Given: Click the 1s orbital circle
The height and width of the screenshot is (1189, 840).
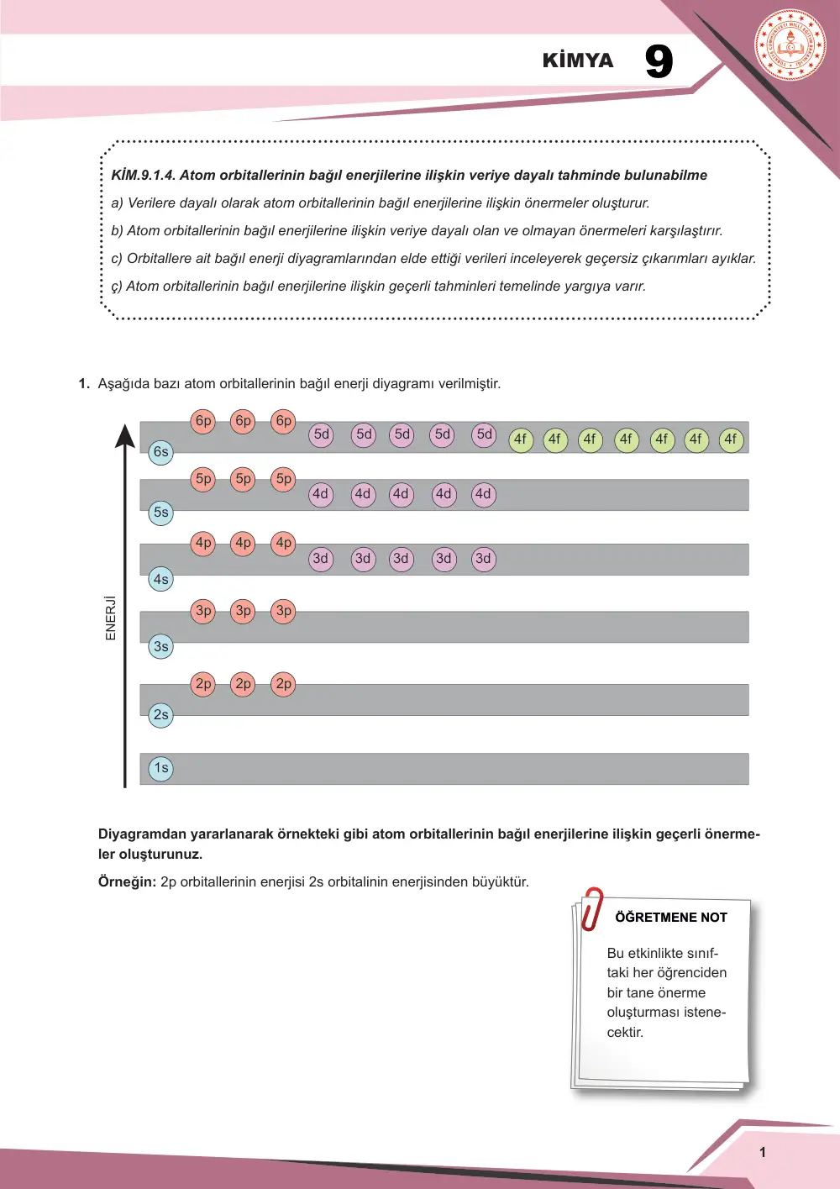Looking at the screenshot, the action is click(x=160, y=769).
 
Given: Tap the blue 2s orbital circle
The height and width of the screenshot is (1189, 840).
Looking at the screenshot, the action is click(x=160, y=715).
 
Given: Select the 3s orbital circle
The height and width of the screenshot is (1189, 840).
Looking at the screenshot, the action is click(x=160, y=646).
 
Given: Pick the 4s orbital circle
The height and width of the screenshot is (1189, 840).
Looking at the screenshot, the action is click(x=160, y=579).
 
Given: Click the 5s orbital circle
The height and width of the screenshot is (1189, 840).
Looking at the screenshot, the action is click(x=160, y=513).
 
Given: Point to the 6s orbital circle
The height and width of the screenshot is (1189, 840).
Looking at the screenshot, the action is click(x=160, y=452).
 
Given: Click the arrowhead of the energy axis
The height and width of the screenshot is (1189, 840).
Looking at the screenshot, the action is click(x=125, y=436).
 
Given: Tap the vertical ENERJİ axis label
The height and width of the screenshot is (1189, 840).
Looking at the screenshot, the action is click(x=110, y=618).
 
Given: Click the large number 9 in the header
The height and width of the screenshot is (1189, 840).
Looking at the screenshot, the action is click(x=659, y=61).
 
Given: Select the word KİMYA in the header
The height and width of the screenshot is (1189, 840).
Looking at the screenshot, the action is click(x=578, y=61).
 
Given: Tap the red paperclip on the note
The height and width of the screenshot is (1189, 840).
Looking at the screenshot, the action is click(x=591, y=908).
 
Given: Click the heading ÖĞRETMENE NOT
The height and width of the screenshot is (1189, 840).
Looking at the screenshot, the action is click(x=670, y=918).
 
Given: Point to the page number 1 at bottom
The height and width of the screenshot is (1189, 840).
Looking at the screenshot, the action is click(x=763, y=1152).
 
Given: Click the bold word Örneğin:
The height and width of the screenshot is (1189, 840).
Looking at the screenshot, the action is click(x=128, y=881).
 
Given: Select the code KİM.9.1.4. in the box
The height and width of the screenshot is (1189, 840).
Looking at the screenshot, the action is click(x=144, y=175).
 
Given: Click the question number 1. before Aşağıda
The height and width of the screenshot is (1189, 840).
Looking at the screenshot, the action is click(x=84, y=383).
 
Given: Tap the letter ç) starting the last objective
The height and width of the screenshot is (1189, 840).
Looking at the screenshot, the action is click(x=117, y=287).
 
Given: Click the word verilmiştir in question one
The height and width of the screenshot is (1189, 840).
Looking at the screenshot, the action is click(x=469, y=383).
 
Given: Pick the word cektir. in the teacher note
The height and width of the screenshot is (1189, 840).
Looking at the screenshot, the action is click(x=625, y=1033).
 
